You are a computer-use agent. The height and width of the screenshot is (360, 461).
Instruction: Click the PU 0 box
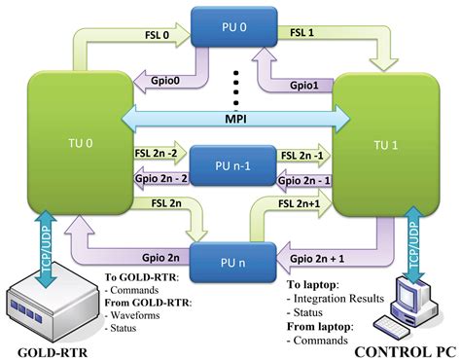[x=230, y=26]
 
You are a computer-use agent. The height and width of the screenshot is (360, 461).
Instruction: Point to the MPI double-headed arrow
[x=231, y=117]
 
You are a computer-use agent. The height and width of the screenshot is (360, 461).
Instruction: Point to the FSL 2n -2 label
[x=158, y=153]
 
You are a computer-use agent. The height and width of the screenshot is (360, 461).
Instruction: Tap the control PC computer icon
[x=408, y=304]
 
